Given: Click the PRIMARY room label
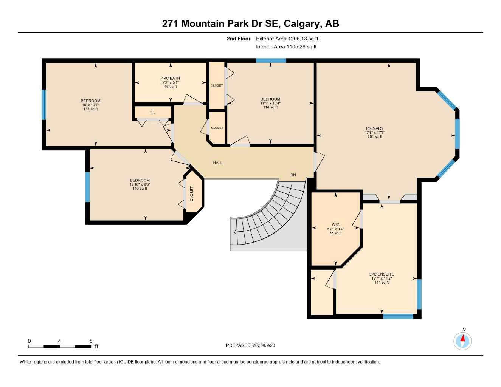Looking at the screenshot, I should click(x=374, y=128).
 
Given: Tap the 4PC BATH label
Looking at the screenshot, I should click(x=171, y=78).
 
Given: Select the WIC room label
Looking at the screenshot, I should click(x=335, y=225).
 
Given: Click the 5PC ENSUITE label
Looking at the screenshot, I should click(x=382, y=274).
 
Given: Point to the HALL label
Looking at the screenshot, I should click(x=218, y=163).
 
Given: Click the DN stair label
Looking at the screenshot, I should click(x=293, y=175).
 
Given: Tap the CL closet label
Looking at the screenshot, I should click(x=153, y=112).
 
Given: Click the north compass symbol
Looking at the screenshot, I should click(x=462, y=341).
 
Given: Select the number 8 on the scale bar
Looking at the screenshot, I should click(x=91, y=341).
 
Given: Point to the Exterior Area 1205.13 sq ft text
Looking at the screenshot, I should click(x=287, y=39).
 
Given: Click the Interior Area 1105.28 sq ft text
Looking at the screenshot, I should click(x=286, y=47).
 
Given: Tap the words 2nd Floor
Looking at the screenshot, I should click(x=239, y=39).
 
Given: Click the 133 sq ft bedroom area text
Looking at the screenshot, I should click(x=90, y=109).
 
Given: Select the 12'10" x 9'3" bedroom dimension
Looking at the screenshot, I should click(x=140, y=184).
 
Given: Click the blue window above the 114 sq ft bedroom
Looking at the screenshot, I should click(x=271, y=60).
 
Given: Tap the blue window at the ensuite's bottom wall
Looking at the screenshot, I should click(x=398, y=316).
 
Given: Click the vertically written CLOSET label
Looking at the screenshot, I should click(x=192, y=193).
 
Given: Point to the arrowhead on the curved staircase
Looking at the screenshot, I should click(x=236, y=232).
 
